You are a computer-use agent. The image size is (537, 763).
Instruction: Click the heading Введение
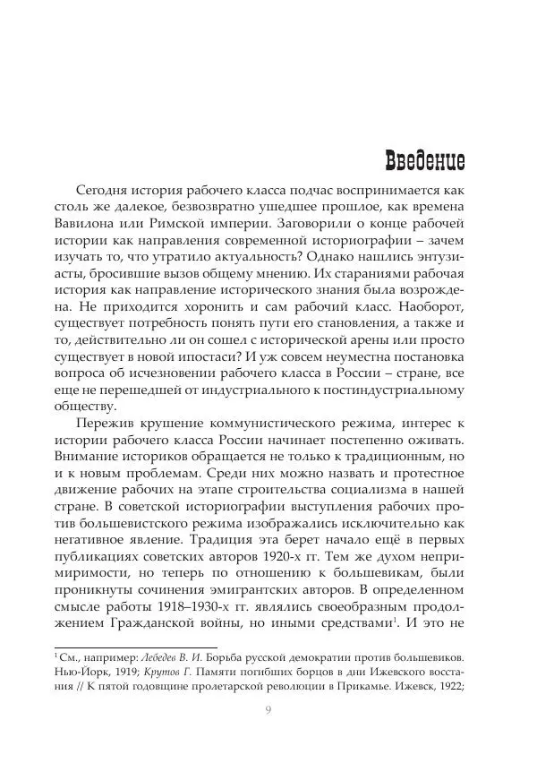pos(424,161)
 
